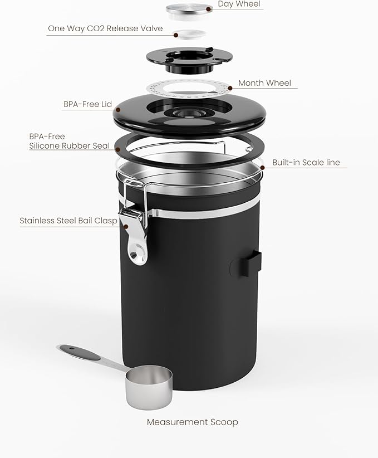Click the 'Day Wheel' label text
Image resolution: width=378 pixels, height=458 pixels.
point(239,4)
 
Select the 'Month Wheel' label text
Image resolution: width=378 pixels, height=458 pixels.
point(264,83)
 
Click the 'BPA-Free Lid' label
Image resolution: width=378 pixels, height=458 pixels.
point(88,104)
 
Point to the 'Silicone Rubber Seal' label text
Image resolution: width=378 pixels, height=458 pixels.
point(71,146)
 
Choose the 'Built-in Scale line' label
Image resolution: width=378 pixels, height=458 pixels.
point(306,163)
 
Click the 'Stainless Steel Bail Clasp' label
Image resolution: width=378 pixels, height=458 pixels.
point(68,221)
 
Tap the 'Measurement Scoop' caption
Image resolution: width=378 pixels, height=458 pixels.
point(192,422)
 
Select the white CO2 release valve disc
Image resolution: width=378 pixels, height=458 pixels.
point(188,34)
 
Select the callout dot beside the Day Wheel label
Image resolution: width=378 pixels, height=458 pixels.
point(209,9)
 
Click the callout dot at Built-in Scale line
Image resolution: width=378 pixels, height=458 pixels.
point(262,167)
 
